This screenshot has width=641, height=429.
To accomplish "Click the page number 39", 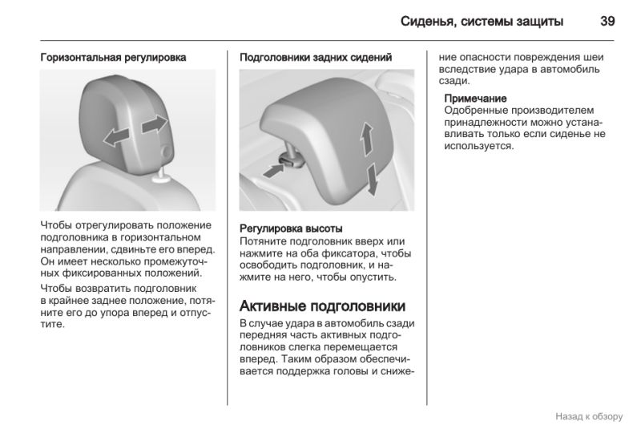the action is [x=607, y=22].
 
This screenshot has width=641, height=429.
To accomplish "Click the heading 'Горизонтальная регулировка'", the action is [x=113, y=58].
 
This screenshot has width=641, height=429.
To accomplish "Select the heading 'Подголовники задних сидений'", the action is [x=316, y=58].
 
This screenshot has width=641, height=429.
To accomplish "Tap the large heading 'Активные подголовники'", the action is [x=323, y=306].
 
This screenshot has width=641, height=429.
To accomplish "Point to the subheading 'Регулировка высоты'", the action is [x=291, y=229].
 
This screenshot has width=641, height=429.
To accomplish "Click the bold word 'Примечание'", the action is [x=475, y=99].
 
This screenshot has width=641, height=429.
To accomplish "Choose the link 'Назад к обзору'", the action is [x=589, y=417].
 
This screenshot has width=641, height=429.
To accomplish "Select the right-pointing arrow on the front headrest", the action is [x=155, y=124].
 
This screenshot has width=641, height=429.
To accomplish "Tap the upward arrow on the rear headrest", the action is [x=367, y=139].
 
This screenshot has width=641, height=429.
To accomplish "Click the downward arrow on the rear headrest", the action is [x=373, y=179].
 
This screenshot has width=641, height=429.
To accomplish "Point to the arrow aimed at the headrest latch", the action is [x=273, y=171].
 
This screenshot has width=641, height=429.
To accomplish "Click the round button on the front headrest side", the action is [x=167, y=152].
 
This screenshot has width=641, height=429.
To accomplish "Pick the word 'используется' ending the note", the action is [x=478, y=147].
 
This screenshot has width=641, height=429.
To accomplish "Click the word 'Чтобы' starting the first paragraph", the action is [x=56, y=225].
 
